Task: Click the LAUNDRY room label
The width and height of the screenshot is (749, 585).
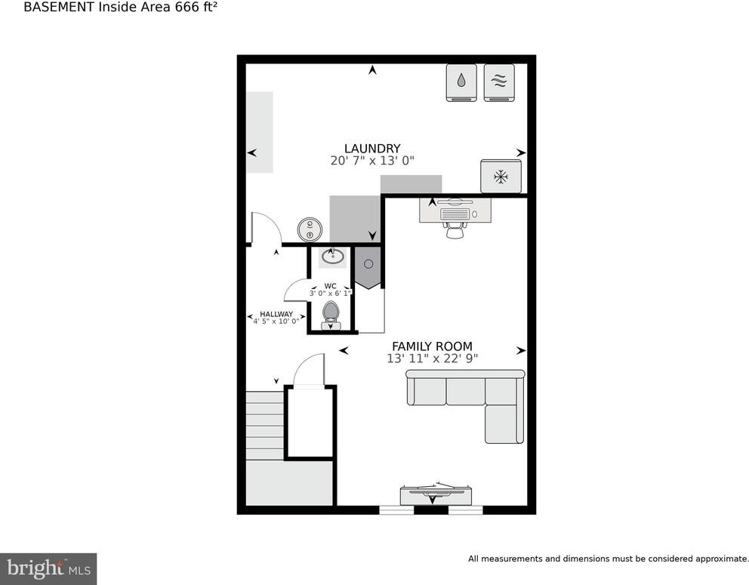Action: point(372,149)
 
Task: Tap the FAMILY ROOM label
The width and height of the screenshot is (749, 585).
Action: point(433,346)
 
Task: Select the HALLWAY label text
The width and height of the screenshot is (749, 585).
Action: point(276,314)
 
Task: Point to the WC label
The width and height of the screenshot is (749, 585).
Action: point(330,286)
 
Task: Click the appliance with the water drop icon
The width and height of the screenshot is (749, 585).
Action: point(461,82)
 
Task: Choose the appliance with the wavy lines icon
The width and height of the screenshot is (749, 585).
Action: point(499,82)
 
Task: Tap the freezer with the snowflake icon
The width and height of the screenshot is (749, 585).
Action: point(501,177)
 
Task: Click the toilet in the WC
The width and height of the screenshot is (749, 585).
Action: point(331,316)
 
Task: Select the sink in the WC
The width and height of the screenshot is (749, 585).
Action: point(332,257)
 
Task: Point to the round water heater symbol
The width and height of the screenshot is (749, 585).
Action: point(310,229)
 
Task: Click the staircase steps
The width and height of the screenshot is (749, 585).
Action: point(265,426)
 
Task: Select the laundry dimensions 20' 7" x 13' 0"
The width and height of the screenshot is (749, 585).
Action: point(372,161)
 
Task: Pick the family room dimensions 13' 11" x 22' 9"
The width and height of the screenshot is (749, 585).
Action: point(433,358)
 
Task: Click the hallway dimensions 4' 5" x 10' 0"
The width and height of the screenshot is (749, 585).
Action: point(276,322)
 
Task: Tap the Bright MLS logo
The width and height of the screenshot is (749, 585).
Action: point(48,568)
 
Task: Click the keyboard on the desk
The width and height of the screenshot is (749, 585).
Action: point(455,214)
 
